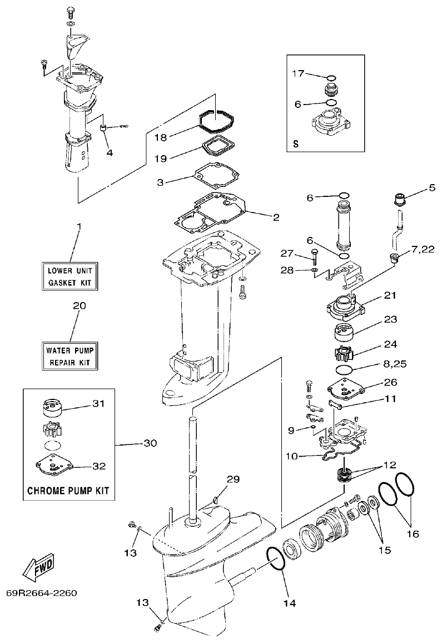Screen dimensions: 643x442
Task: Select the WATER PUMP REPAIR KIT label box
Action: pos(71,356)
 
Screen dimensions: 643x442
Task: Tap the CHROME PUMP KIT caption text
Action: pos(68,491)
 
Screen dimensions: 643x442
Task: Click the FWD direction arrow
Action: pos(38,566)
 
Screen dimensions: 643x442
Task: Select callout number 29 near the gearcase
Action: pos(233,479)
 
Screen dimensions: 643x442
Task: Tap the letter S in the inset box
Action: pos(296,144)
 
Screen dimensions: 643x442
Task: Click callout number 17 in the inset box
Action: pos(299,73)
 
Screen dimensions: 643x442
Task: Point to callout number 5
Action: pos(431,187)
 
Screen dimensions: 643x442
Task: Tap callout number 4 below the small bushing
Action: pos(110,152)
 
